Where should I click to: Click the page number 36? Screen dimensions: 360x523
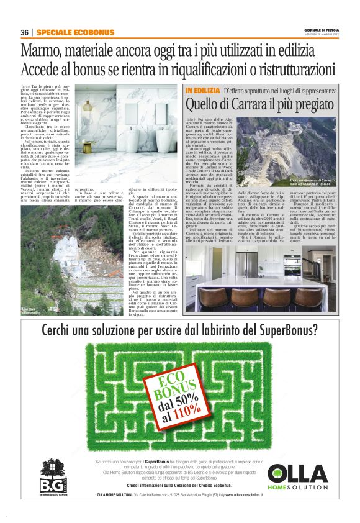coord(25,32)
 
